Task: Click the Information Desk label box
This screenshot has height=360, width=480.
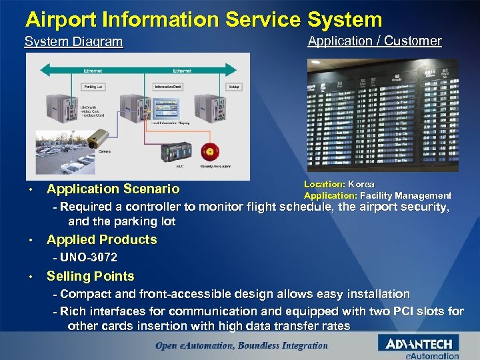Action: coord(166,87)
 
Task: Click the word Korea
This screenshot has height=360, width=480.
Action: coord(361,184)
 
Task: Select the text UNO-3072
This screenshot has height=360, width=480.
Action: coord(89,257)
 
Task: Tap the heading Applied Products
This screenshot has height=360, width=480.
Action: coord(101,239)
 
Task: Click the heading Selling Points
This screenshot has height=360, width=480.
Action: coord(90,276)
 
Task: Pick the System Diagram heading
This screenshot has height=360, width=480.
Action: coord(73,42)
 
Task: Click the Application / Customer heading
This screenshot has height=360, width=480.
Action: coord(374,41)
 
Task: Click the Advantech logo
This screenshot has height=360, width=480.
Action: coord(419,345)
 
